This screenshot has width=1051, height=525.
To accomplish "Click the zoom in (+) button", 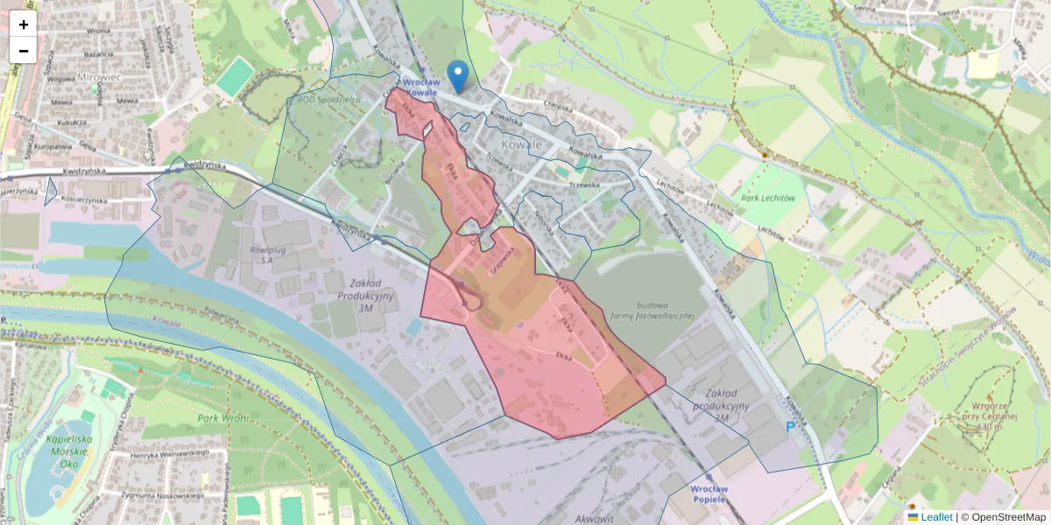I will tap(24, 24).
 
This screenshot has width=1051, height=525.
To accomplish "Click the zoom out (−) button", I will tap(24, 50).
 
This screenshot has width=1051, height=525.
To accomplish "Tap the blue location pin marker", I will tap(457, 76).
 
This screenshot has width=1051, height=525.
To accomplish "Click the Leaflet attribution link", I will tap(936, 517).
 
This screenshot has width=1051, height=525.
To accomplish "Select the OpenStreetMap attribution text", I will tap(1008, 517).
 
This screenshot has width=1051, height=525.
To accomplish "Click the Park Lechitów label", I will tap(768, 198).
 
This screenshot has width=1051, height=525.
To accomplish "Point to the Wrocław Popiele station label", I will tap(709, 493).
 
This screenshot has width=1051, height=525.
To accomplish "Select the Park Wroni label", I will tap(222, 417).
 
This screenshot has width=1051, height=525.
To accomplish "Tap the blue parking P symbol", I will tap(790, 427).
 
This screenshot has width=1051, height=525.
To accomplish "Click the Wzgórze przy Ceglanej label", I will tap(993, 416).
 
